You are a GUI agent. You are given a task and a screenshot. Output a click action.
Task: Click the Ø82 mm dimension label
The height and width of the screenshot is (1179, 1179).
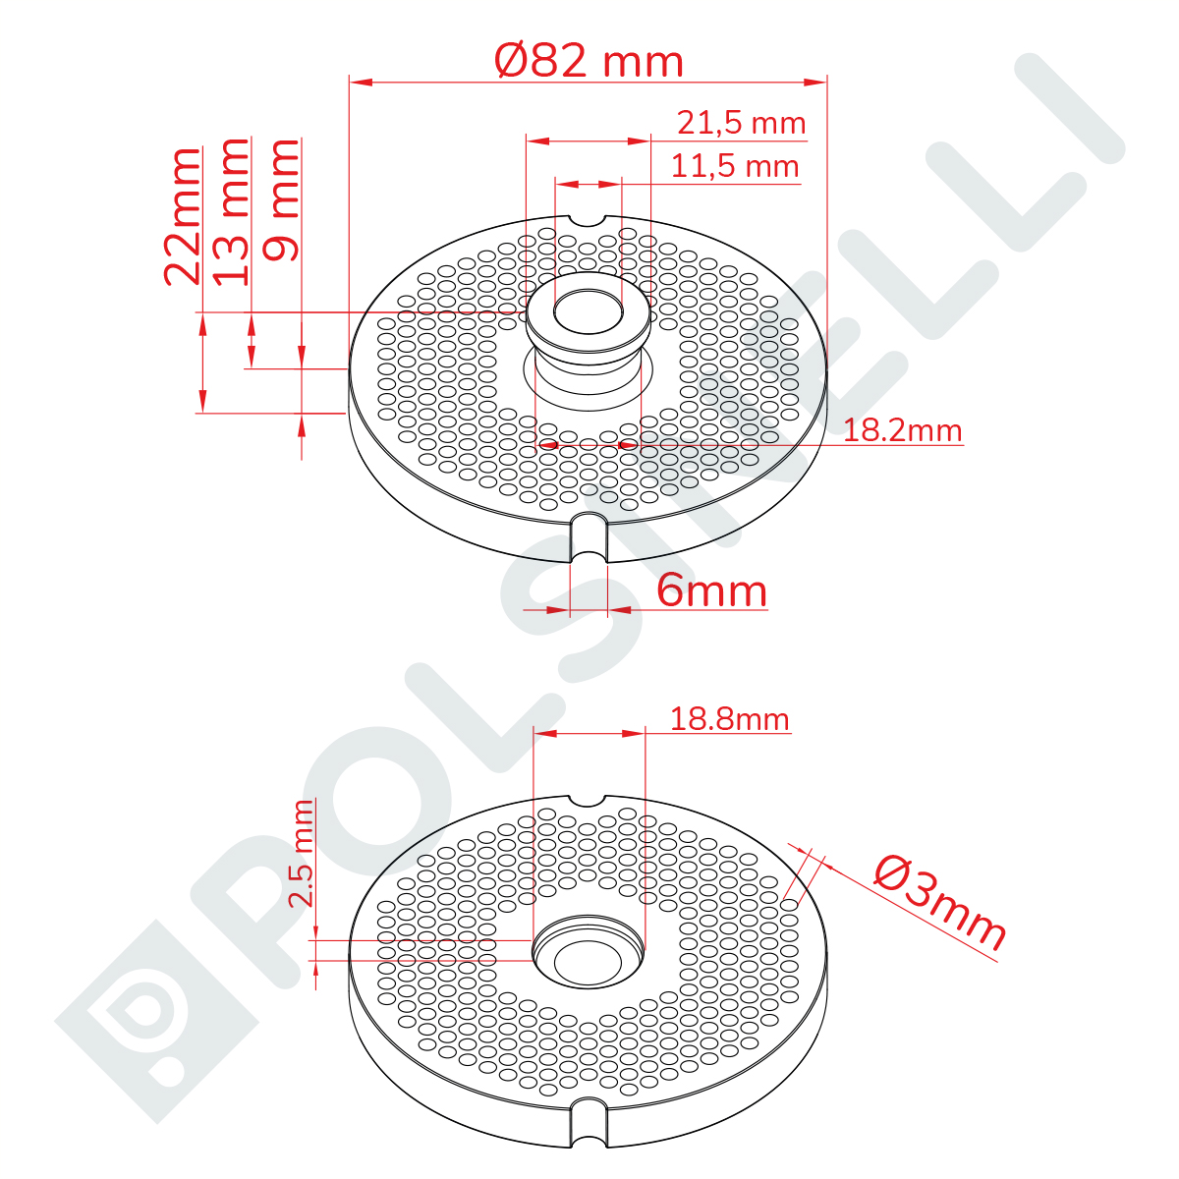tap(588, 61)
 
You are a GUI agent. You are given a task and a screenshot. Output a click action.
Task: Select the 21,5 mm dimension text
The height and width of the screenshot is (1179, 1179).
tap(741, 123)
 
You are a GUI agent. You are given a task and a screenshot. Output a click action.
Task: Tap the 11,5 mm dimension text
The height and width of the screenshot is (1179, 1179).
tap(735, 166)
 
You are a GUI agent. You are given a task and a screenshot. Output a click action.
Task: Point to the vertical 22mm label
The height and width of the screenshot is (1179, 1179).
tap(183, 216)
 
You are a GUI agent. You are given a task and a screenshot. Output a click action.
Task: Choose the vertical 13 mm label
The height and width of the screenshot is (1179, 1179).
tap(231, 211)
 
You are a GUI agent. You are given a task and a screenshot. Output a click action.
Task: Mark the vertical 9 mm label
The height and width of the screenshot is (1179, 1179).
tap(281, 200)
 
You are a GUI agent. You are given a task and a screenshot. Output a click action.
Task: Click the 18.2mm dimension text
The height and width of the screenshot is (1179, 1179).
tap(903, 430)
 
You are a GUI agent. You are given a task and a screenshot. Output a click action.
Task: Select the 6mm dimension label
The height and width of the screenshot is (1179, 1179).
tap(711, 590)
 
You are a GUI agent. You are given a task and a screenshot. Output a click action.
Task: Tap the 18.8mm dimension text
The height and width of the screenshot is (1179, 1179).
tap(729, 718)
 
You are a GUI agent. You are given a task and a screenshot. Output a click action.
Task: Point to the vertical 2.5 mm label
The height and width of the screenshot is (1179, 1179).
tap(301, 853)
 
